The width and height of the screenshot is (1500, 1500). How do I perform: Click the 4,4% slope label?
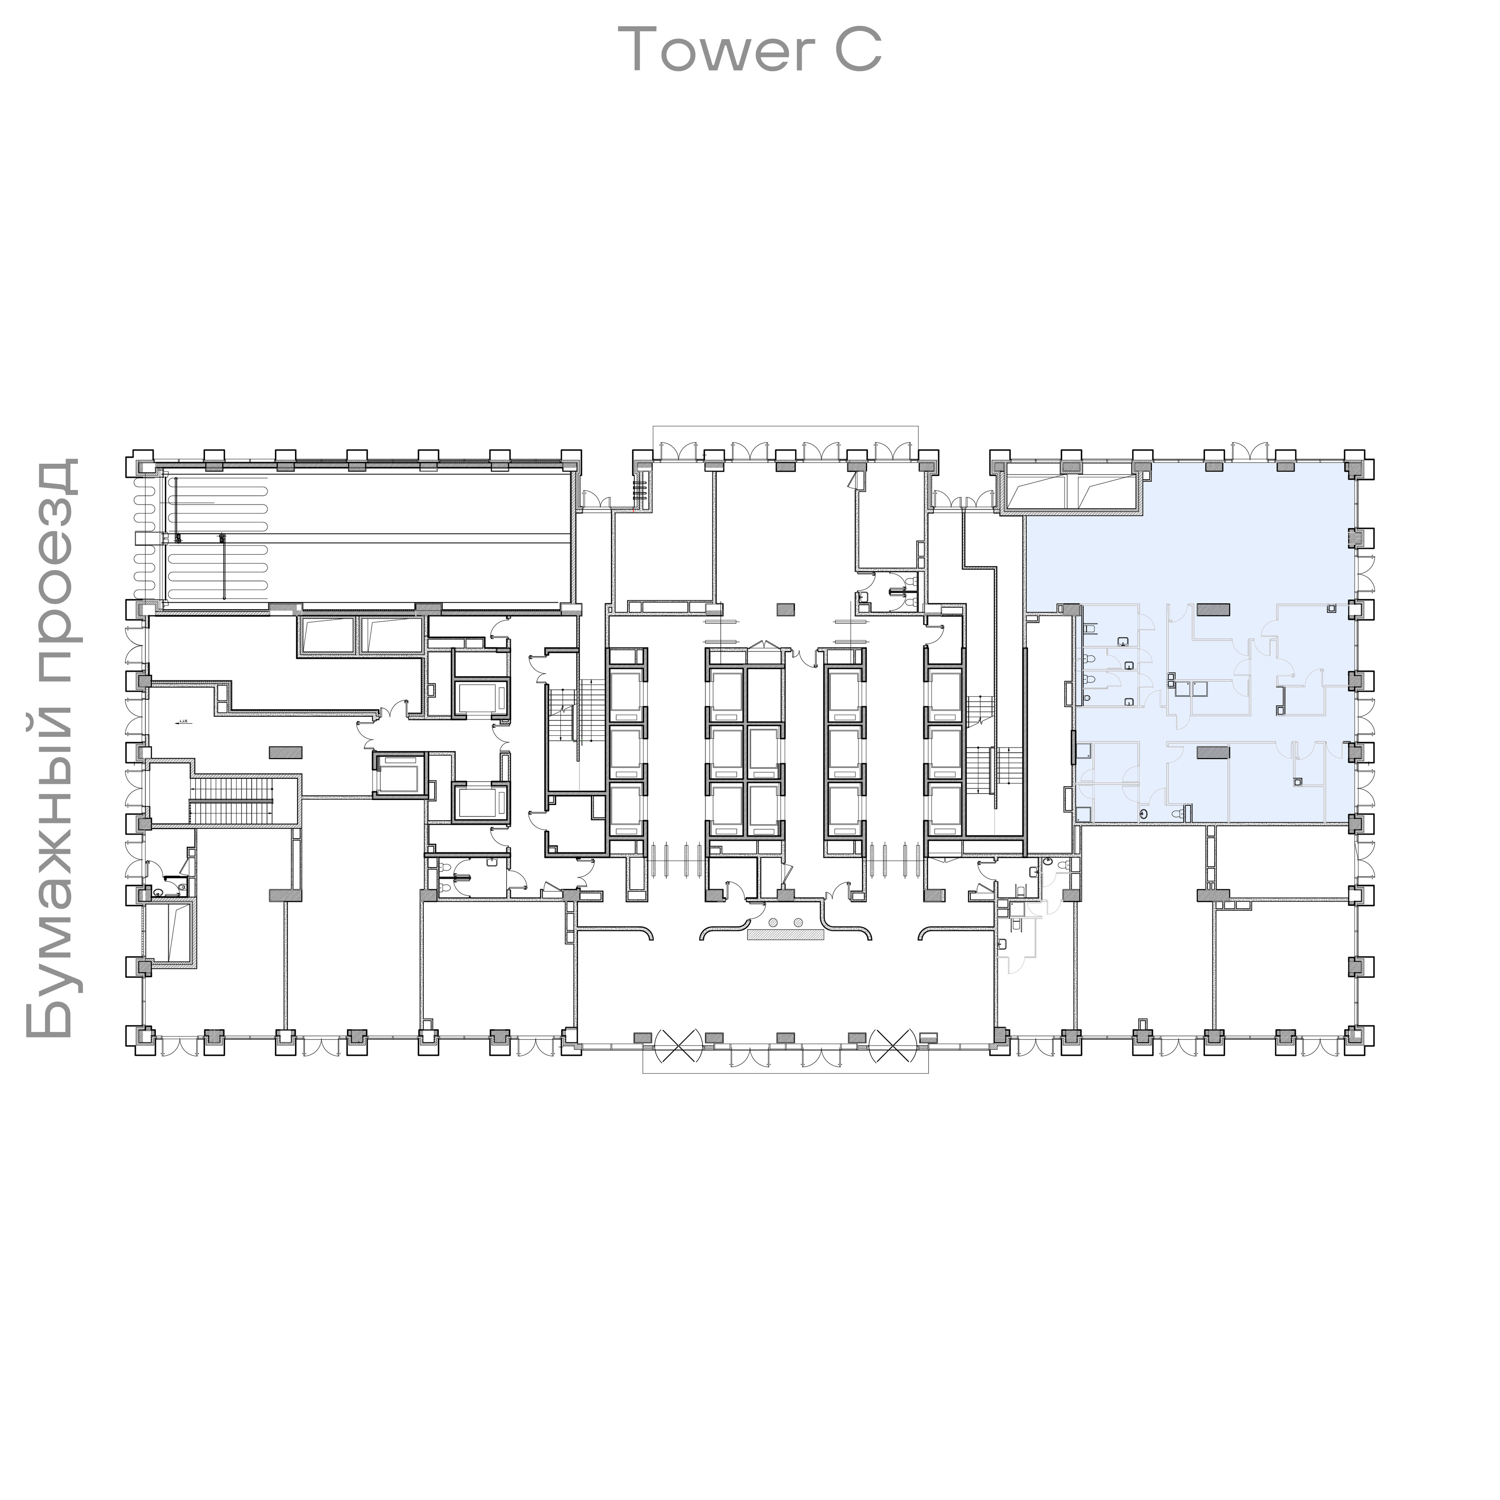pyautogui.click(x=184, y=722)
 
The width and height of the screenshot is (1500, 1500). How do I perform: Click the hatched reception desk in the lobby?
pyautogui.click(x=785, y=935)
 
